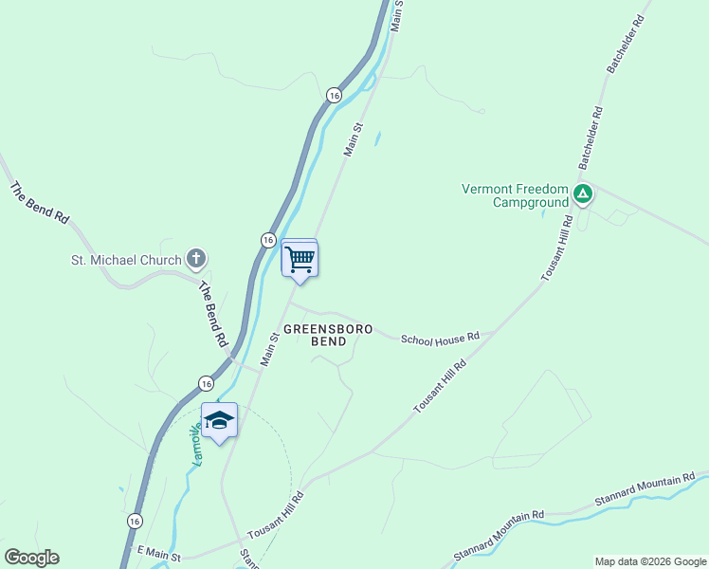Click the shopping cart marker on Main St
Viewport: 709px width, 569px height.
pos(300,258)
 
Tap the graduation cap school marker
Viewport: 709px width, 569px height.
pos(219,421)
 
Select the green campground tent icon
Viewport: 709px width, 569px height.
pos(583,196)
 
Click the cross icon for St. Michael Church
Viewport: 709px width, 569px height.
pos(196,259)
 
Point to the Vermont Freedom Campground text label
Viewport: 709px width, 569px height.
pos(514,195)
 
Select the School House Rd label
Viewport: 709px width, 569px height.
pos(440,338)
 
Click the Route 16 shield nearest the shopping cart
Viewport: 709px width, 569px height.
pos(268,241)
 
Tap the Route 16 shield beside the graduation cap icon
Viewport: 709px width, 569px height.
pos(206,383)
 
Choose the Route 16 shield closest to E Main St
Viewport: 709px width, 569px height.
pos(135,521)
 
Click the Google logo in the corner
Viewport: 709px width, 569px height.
pos(31,558)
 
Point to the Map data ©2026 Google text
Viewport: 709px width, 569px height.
pos(649,561)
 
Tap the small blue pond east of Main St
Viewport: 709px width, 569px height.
pos(377,138)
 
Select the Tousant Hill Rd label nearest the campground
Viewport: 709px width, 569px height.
pos(557,248)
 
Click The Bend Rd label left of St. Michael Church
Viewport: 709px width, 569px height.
pos(40,202)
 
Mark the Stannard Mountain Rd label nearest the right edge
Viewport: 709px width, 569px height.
pos(645,489)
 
